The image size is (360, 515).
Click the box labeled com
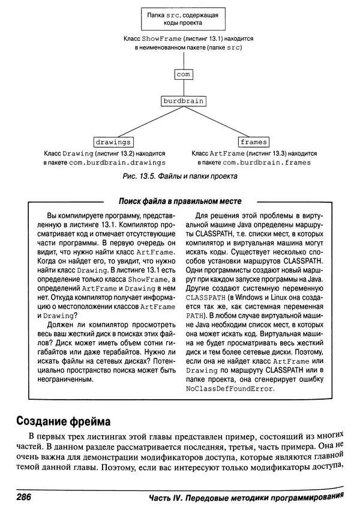(x=183, y=74)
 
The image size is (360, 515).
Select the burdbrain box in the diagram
(x=183, y=101)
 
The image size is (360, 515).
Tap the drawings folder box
(x=113, y=142)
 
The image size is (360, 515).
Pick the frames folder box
(x=253, y=142)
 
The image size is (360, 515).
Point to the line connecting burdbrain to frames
(x=218, y=122)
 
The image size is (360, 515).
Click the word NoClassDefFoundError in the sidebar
(x=230, y=388)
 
